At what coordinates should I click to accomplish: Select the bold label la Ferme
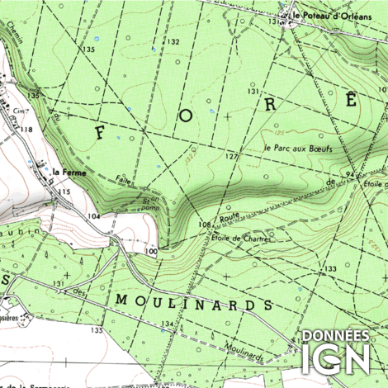pyautogui.click(x=67, y=172)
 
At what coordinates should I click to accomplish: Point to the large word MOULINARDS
pyautogui.click(x=194, y=302)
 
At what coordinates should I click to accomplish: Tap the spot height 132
pyautogui.click(x=173, y=41)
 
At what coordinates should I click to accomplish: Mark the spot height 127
pyautogui.click(x=232, y=156)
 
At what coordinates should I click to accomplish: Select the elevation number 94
pyautogui.click(x=351, y=175)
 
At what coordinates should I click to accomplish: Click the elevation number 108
pyautogui.click(x=204, y=224)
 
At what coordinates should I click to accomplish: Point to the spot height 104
pyautogui.click(x=95, y=215)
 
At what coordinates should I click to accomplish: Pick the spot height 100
pyautogui.click(x=150, y=250)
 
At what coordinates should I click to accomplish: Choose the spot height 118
pyautogui.click(x=27, y=130)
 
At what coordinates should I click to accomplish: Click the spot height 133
pyautogui.click(x=330, y=270)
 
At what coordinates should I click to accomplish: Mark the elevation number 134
pyautogui.click(x=168, y=323)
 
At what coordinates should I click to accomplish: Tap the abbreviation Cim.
pyautogui.click(x=17, y=109)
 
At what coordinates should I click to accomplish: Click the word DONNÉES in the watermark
pyautogui.click(x=335, y=336)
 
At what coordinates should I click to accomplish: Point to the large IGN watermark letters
pyautogui.click(x=335, y=361)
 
